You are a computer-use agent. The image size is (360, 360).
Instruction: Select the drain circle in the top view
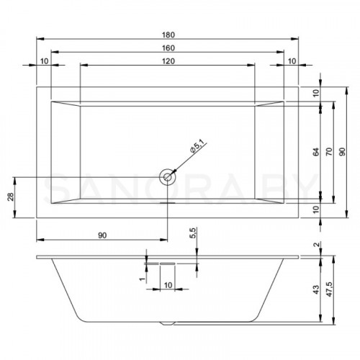click(167, 175)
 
